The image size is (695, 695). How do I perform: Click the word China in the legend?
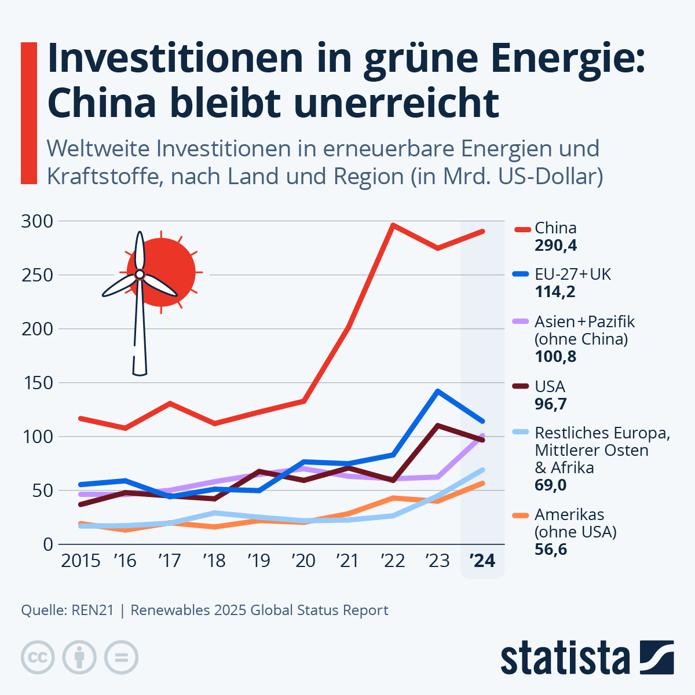pyautogui.click(x=555, y=228)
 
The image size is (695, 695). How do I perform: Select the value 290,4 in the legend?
pyautogui.click(x=555, y=246)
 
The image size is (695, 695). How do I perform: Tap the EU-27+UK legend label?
pyautogui.click(x=573, y=274)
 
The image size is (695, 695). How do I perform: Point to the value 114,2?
pyautogui.click(x=555, y=291)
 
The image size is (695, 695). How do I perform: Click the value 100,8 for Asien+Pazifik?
pyautogui.click(x=555, y=356)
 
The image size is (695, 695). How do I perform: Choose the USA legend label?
pyautogui.click(x=550, y=386)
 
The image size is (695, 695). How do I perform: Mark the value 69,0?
pyautogui.click(x=551, y=485)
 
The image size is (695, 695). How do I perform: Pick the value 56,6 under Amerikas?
pyautogui.click(x=551, y=549)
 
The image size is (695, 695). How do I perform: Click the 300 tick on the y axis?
pyautogui.click(x=36, y=221)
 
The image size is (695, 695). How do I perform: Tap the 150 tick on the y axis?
pyautogui.click(x=36, y=383)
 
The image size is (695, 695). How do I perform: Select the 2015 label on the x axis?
pyautogui.click(x=81, y=561)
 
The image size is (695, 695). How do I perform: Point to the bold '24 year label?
pyautogui.click(x=482, y=561)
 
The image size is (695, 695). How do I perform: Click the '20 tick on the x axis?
pyautogui.click(x=303, y=561)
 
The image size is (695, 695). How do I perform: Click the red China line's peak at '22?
pyautogui.click(x=393, y=225)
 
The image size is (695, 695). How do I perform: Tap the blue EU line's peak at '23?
pyautogui.click(x=438, y=392)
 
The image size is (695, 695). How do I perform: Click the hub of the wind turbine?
pyautogui.click(x=140, y=275)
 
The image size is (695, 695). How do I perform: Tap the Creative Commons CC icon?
pyautogui.click(x=38, y=657)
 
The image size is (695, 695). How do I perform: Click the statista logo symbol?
pyautogui.click(x=657, y=657)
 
